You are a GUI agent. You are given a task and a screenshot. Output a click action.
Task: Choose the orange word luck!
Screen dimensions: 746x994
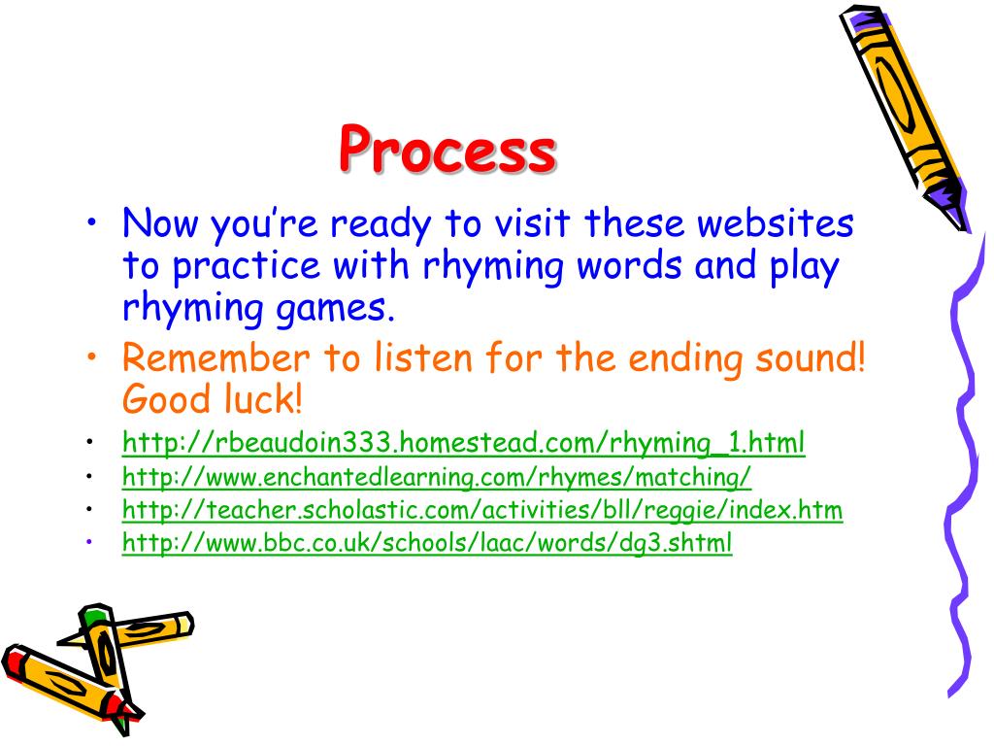point(263,398)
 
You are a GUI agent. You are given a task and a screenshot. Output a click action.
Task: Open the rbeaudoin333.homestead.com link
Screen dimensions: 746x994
point(463,444)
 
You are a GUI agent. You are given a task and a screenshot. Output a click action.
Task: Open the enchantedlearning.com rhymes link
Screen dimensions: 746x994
point(437,477)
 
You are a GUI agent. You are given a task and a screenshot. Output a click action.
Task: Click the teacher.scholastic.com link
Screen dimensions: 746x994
point(481,510)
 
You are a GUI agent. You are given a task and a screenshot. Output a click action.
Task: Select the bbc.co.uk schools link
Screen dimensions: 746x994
point(426,543)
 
